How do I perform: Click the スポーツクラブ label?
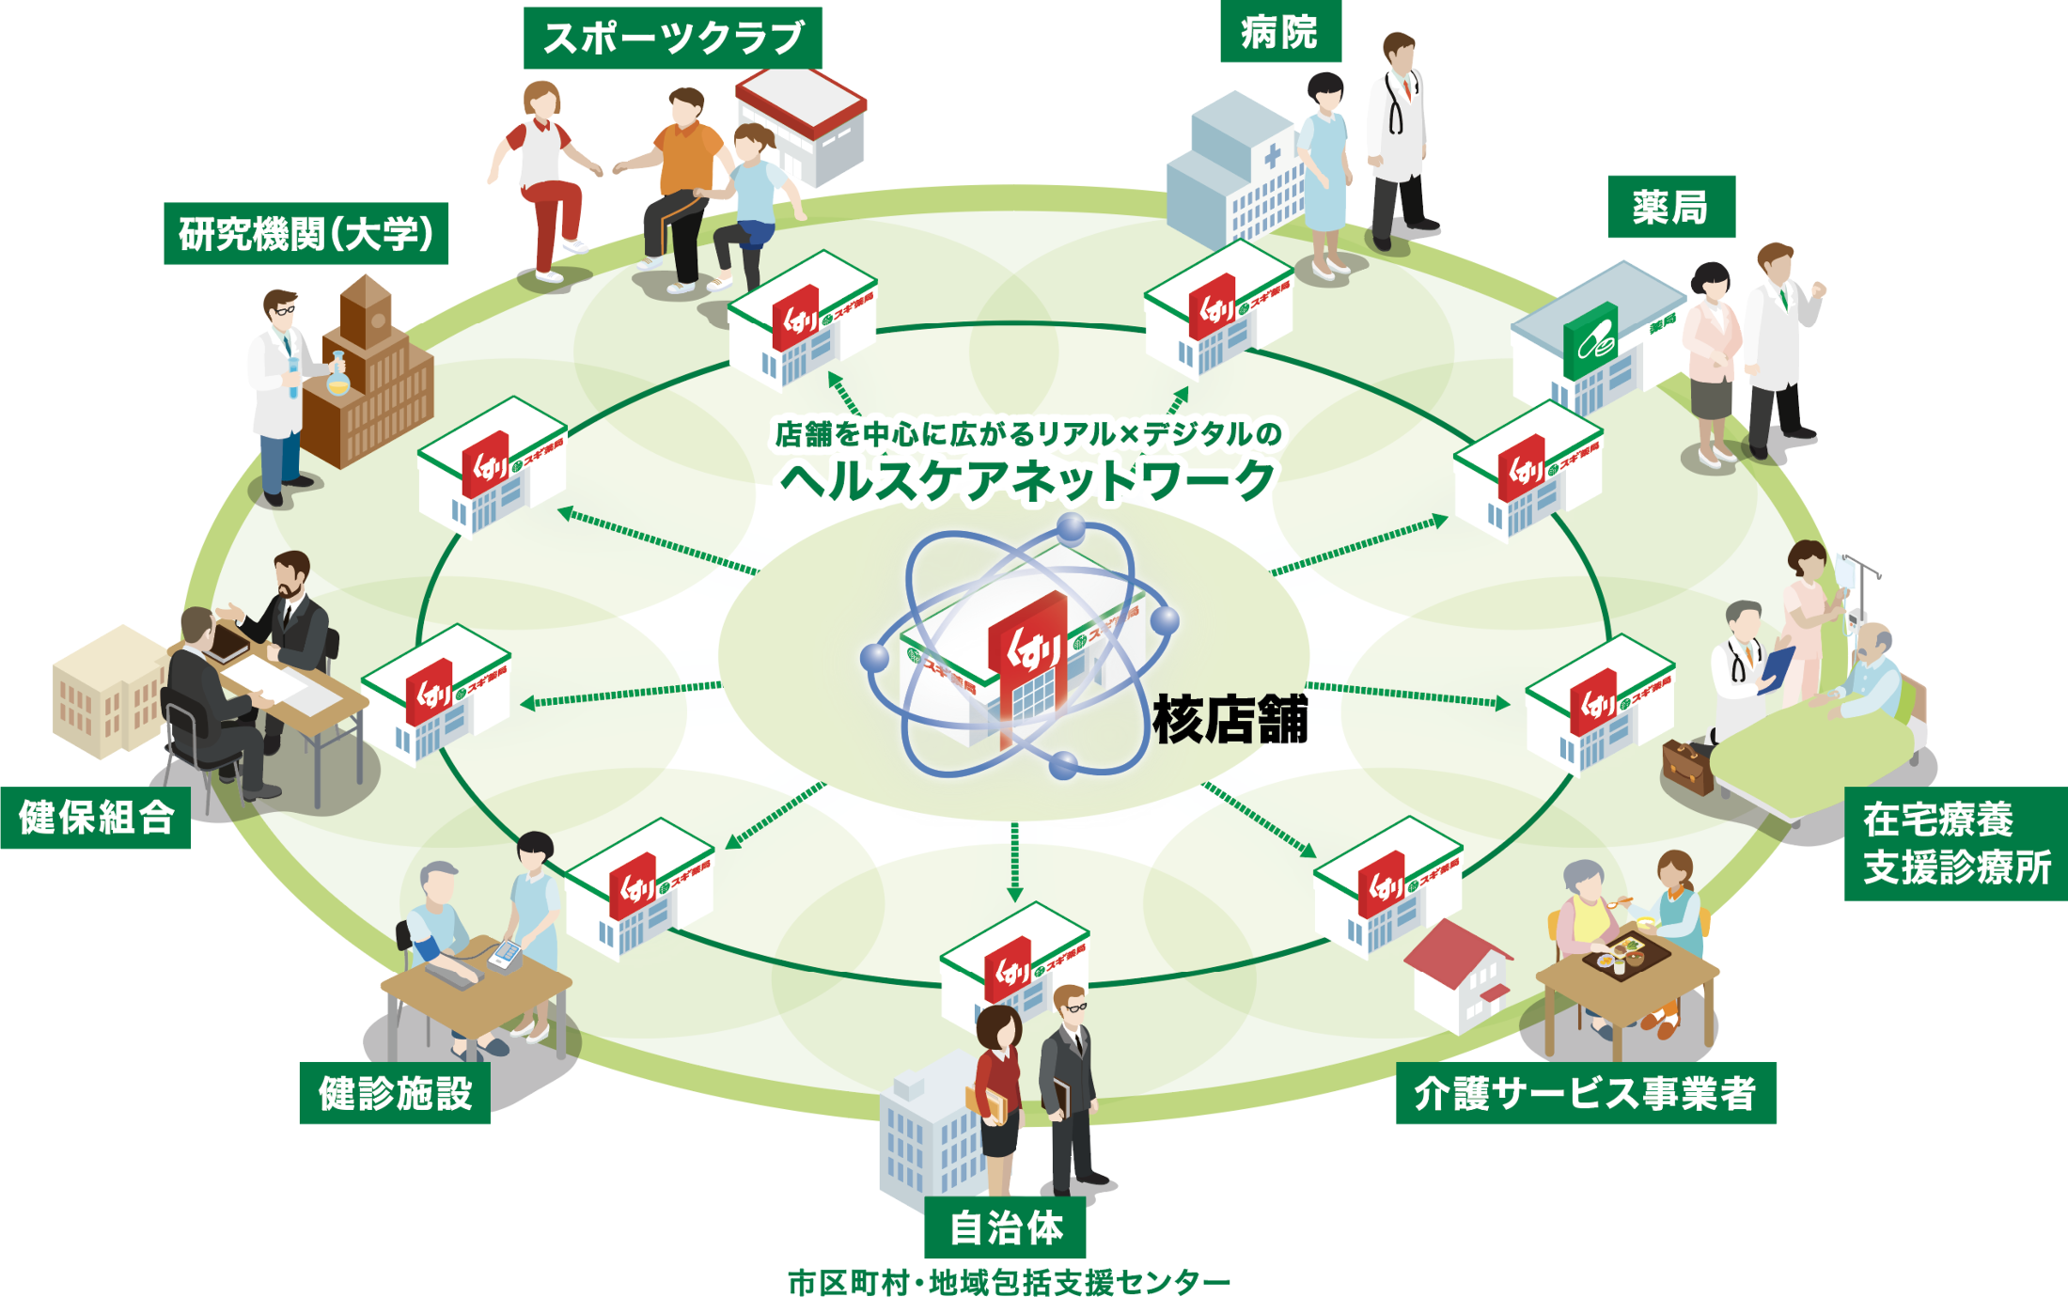(672, 38)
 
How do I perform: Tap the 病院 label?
(1279, 32)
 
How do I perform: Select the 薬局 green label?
(1670, 207)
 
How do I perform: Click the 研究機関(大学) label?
(305, 233)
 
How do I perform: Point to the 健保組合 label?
(96, 818)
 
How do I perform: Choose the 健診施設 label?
(395, 1093)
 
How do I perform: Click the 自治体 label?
(1005, 1227)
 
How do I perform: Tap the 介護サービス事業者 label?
(1586, 1093)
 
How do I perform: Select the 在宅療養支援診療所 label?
(1955, 843)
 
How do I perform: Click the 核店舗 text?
(1230, 720)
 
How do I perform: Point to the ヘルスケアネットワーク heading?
(1027, 480)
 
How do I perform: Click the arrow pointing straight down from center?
(1014, 860)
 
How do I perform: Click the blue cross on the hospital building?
(1272, 156)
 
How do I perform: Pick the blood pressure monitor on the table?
(506, 955)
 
